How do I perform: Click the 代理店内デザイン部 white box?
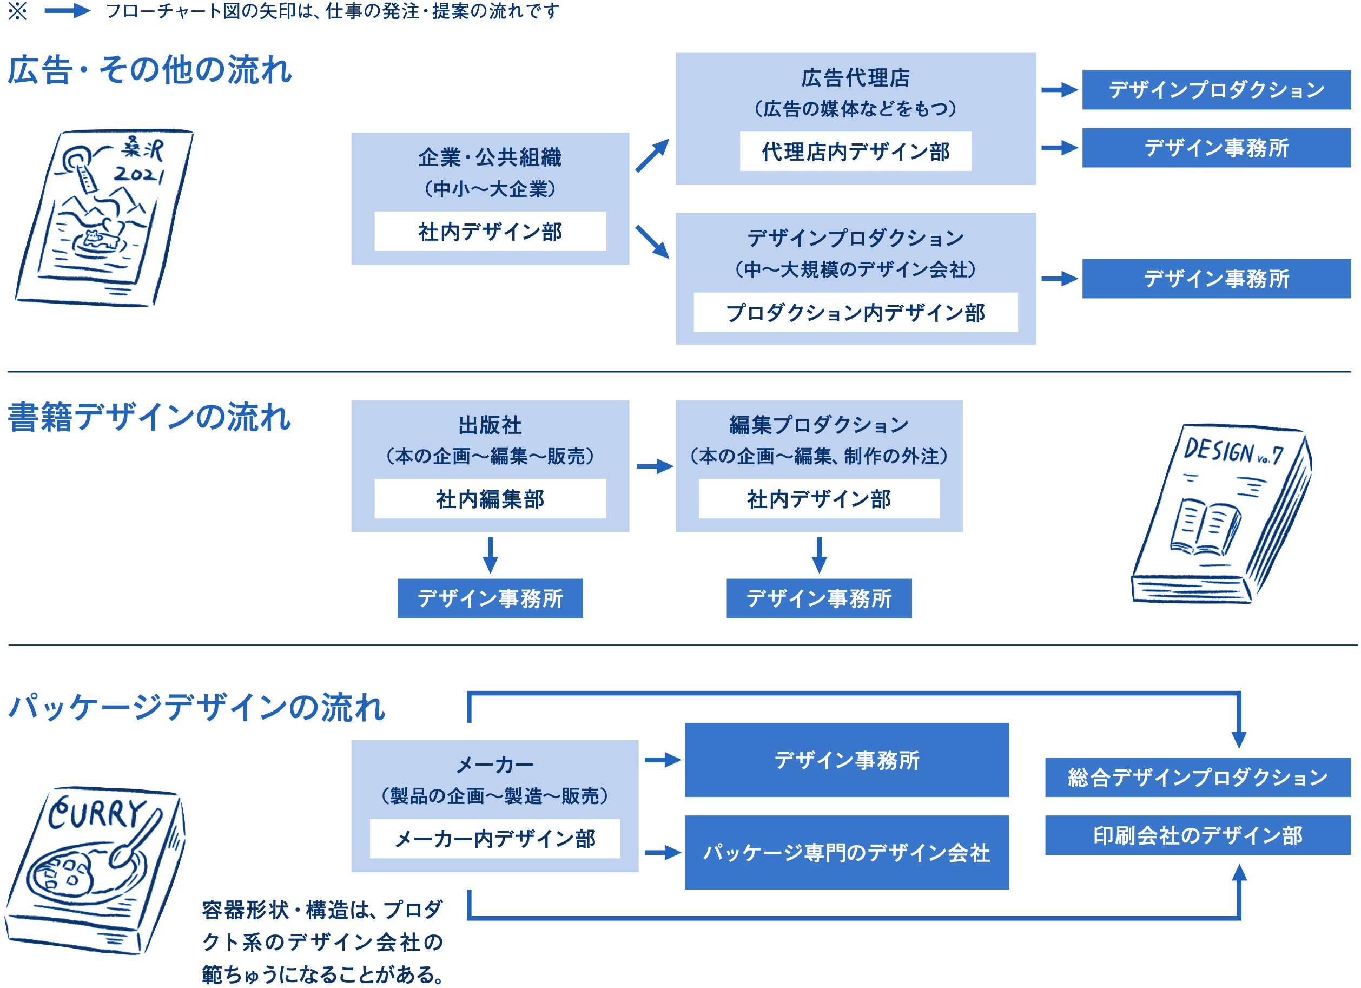click(x=855, y=152)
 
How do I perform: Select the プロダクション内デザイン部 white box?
click(x=855, y=312)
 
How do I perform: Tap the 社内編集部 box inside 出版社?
click(x=490, y=498)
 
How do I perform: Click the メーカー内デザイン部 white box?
click(x=494, y=838)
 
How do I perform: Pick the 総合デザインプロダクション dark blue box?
click(x=1197, y=777)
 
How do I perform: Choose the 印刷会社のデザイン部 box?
click(x=1197, y=834)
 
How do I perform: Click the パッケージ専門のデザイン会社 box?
click(x=846, y=852)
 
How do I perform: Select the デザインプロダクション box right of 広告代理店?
click(x=1216, y=90)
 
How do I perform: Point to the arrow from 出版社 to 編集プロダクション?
click(x=654, y=466)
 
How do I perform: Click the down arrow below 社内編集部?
click(x=490, y=555)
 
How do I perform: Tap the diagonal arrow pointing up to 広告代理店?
click(x=652, y=155)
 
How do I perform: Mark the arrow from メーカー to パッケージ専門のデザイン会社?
click(x=662, y=852)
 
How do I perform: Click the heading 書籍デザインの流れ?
click(x=149, y=417)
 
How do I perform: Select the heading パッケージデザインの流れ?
click(x=196, y=707)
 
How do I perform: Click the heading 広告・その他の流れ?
click(x=149, y=70)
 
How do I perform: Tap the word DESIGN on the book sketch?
click(x=1218, y=450)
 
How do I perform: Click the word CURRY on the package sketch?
click(x=96, y=813)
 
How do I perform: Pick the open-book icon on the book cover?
click(x=1205, y=526)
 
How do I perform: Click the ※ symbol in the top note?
click(x=17, y=11)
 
